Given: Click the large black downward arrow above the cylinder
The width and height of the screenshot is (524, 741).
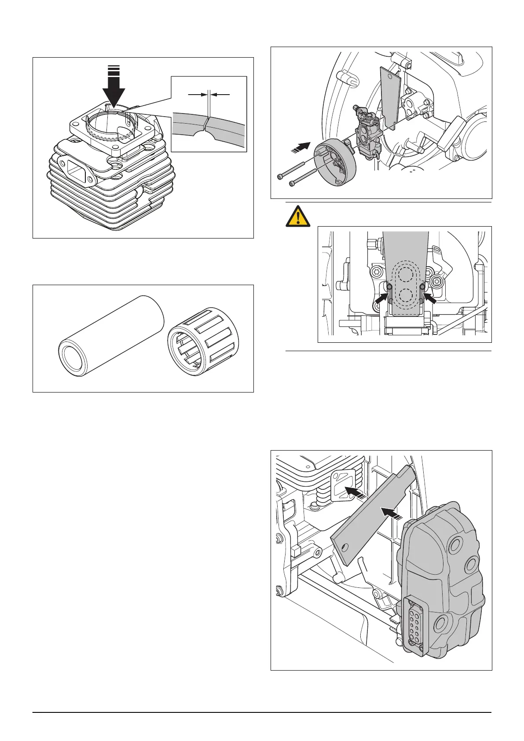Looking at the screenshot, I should click(x=114, y=90).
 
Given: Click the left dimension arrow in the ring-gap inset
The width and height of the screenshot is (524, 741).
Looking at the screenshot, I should click(x=196, y=94).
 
